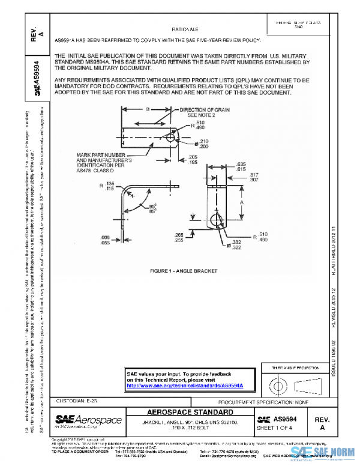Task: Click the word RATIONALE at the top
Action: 185,29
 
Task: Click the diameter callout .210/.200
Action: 205,144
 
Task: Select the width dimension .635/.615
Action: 240,166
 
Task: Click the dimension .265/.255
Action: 179,237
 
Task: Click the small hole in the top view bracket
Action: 170,138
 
